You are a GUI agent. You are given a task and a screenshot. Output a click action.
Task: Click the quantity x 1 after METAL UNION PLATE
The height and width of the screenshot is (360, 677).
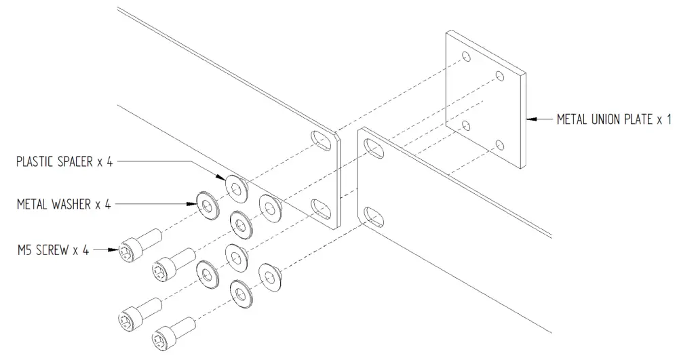coord(663,120)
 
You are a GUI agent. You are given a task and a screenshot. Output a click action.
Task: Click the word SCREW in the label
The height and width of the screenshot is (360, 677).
coord(57,250)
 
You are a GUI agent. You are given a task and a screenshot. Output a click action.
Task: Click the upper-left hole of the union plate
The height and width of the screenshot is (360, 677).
coord(465,58)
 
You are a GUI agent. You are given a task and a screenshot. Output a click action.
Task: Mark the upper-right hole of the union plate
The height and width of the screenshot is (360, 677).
coord(500,76)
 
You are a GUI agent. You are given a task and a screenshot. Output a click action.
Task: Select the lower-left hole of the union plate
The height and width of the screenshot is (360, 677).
coord(465,125)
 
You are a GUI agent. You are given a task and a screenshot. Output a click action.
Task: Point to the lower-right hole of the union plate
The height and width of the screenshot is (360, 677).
coord(500,144)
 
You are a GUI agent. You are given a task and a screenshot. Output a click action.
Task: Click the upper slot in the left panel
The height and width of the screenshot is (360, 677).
coord(319,141)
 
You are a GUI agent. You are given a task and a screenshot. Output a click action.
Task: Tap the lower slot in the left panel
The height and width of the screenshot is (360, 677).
coord(319,209)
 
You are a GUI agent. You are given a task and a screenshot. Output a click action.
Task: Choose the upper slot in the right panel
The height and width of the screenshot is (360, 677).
coord(372,146)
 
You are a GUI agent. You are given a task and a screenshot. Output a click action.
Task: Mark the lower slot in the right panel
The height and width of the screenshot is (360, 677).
coord(372,216)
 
